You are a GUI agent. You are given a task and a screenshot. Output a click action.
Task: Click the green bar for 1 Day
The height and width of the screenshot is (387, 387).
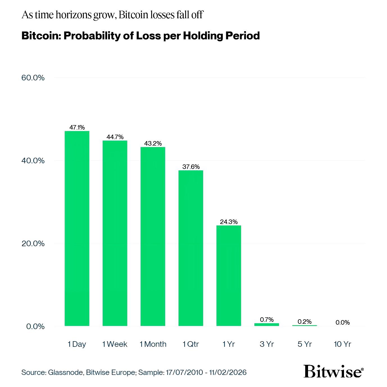tap(77, 228)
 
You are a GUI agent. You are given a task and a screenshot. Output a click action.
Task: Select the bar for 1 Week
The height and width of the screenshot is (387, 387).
tap(115, 233)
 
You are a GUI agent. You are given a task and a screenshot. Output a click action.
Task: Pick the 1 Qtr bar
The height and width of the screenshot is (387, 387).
tap(191, 248)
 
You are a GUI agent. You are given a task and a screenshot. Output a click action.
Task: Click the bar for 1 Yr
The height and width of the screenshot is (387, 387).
tap(228, 275)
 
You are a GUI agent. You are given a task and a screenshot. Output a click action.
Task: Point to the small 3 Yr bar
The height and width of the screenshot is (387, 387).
tap(266, 325)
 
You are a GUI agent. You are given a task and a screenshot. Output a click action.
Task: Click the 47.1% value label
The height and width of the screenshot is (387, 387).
tap(77, 127)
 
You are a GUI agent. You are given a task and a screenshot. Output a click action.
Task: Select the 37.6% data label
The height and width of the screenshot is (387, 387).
tap(191, 167)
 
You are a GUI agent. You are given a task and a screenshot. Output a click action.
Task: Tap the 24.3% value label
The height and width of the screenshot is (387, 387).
tap(229, 222)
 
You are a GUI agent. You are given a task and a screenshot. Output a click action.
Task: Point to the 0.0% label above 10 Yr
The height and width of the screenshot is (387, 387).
tap(343, 322)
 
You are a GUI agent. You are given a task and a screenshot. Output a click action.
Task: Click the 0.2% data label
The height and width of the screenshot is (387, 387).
tap(305, 322)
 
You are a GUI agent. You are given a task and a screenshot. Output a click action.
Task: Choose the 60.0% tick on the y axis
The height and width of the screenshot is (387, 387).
tap(33, 78)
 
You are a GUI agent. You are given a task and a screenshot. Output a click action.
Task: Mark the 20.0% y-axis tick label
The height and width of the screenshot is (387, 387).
tap(33, 243)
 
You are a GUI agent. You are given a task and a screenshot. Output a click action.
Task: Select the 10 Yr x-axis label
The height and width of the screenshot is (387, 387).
tap(342, 344)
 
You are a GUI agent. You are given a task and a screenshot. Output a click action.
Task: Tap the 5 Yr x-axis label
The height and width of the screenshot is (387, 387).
tap(305, 344)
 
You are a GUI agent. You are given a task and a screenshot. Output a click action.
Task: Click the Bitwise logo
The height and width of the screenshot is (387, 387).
tap(333, 372)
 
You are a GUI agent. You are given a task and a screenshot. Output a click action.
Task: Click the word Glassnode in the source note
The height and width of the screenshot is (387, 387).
tap(65, 372)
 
